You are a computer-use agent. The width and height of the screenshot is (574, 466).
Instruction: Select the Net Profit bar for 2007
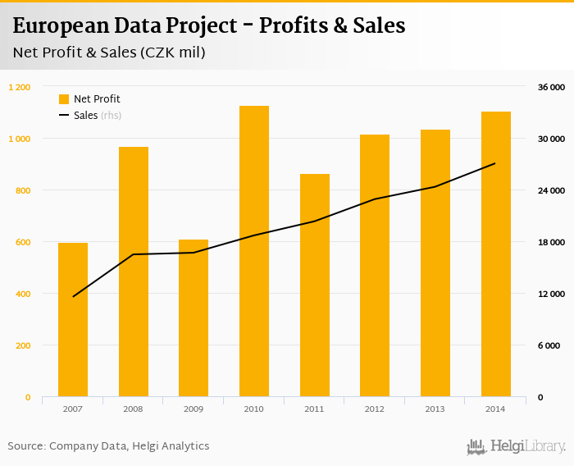pyautogui.click(x=73, y=320)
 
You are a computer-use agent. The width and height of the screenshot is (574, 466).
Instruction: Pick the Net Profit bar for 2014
pyautogui.click(x=495, y=254)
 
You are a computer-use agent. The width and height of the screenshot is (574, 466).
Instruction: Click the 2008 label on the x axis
pyautogui.click(x=133, y=408)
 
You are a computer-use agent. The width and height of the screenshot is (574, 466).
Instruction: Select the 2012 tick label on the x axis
pyautogui.click(x=374, y=408)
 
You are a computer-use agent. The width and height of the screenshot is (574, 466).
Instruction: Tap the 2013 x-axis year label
pyautogui.click(x=435, y=408)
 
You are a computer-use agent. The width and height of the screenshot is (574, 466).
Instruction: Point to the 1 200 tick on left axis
pyautogui.click(x=20, y=87)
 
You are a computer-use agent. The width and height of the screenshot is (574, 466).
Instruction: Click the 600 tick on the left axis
pyautogui.click(x=23, y=242)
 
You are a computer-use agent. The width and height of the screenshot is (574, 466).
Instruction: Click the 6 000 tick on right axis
pyautogui.click(x=551, y=345)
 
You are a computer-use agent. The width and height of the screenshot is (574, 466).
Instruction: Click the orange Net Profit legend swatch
pyautogui.click(x=64, y=99)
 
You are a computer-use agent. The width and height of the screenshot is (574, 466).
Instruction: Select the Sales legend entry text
pyautogui.click(x=85, y=116)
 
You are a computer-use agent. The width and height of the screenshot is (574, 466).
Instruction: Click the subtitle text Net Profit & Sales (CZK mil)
pyautogui.click(x=109, y=53)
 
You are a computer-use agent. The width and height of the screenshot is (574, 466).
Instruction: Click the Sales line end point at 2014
pyautogui.click(x=495, y=163)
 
